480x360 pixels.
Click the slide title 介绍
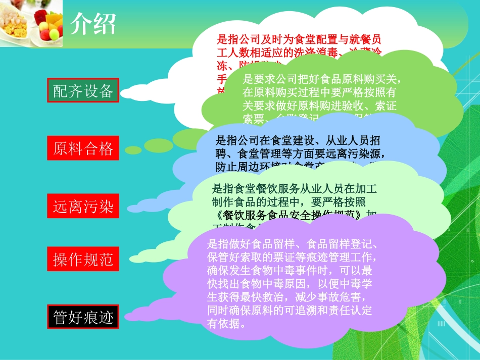[93, 23]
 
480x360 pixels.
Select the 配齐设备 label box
[83, 91]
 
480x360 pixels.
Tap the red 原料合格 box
[83, 148]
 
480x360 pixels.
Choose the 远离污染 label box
[83, 206]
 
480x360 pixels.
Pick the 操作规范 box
[83, 260]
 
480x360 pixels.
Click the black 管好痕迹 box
[83, 318]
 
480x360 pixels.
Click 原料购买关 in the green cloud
[372, 79]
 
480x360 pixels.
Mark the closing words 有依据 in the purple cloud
[222, 324]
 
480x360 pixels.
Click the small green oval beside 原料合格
[134, 150]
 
